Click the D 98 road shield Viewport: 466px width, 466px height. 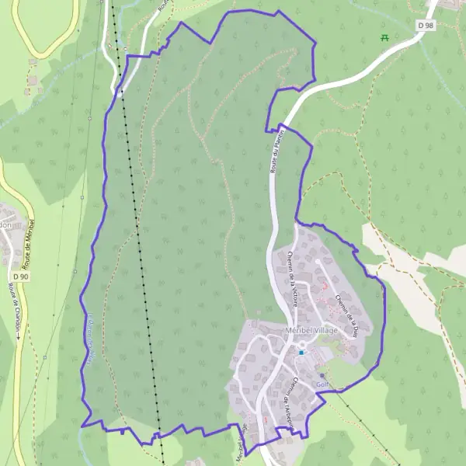click(426, 25)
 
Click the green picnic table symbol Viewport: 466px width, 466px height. click(384, 37)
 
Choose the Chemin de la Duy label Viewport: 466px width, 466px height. click(345, 308)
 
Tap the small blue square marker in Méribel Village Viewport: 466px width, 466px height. click(301, 352)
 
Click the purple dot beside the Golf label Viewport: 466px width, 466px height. click(322, 375)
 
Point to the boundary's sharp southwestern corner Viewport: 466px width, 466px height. click(82, 426)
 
